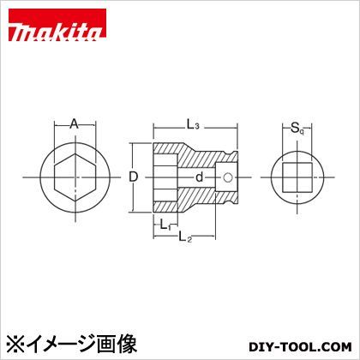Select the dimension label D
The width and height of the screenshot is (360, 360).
(134, 177)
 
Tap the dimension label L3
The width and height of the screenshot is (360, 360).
(193, 126)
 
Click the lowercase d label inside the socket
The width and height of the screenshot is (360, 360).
(199, 178)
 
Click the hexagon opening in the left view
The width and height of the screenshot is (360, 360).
(74, 178)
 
